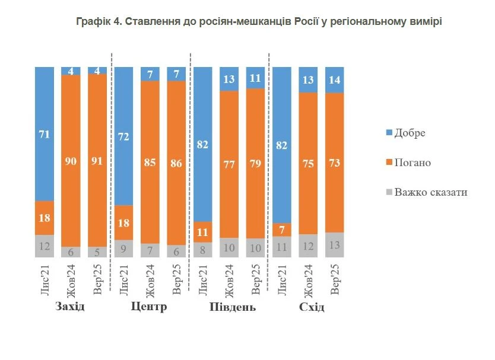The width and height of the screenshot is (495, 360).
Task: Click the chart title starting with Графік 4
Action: coord(259,22)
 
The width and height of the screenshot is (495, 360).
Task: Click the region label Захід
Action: coord(70,307)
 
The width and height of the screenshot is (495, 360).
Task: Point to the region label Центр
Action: coord(148,307)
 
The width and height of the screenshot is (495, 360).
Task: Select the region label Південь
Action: coord(231,307)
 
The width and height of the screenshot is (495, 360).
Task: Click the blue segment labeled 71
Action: coord(45,133)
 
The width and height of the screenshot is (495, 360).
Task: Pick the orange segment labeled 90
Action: coord(71,160)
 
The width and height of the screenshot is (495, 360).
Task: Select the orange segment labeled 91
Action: coord(97,160)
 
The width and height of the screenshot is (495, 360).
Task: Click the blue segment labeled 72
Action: coord(123,135)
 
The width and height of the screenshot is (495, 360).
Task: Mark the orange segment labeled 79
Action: coord(255,163)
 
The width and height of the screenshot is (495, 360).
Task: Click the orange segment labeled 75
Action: coord(308,163)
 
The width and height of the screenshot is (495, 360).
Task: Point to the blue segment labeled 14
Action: coord(334,79)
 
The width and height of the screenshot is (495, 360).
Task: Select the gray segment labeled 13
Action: coord(334,244)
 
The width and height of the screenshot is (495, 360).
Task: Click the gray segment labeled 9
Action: coord(123,249)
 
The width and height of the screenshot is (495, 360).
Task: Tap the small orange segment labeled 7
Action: coord(282,230)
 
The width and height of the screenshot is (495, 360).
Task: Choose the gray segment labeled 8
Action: coord(203,250)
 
